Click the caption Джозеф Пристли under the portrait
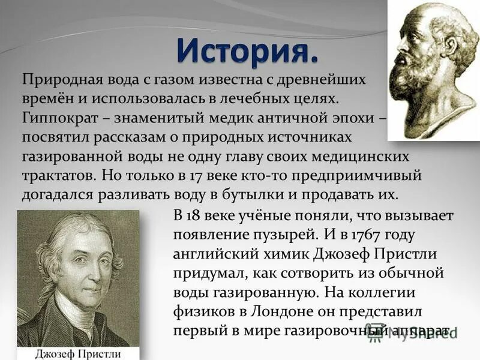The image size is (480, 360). pos(78,352)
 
